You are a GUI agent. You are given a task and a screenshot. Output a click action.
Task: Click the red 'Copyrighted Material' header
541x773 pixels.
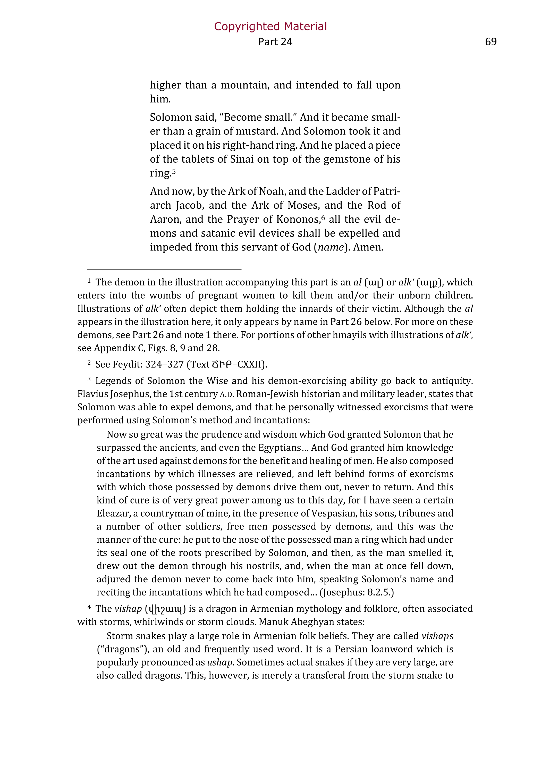pos(270,26)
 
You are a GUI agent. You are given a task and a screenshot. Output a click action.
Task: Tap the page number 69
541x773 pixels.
pos(491,42)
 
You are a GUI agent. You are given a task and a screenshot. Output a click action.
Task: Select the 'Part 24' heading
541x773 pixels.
pos(275,42)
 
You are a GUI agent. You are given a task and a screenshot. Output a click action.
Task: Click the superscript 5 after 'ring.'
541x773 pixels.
pos(174,171)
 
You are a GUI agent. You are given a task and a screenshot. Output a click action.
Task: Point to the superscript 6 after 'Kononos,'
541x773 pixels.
pos(323,217)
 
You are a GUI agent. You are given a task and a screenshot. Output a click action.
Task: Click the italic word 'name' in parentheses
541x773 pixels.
pos(331,247)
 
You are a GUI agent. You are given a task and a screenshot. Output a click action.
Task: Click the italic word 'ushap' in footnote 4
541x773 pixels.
pos(219,662)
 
